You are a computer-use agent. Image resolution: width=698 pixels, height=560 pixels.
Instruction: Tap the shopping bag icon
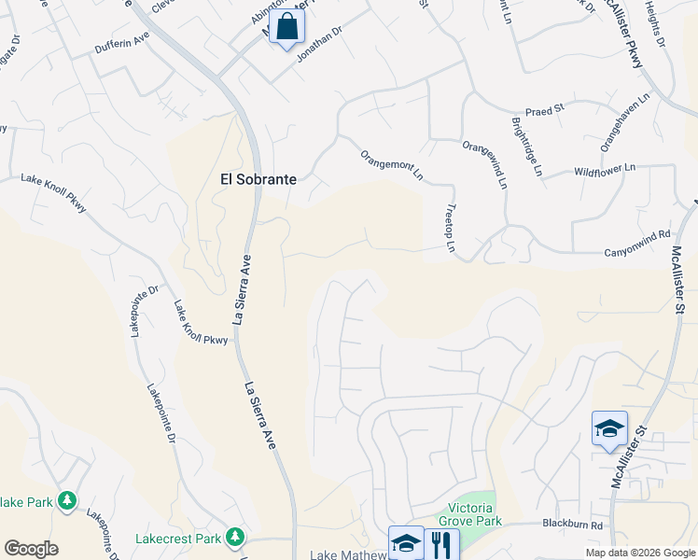[287, 28]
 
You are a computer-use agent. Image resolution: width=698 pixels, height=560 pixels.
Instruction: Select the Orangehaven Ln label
[624, 120]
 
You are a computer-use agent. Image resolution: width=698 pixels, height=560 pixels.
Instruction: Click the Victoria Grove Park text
[471, 514]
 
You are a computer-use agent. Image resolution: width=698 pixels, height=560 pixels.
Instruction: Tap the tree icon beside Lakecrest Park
[236, 537]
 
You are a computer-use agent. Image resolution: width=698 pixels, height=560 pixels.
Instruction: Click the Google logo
[31, 549]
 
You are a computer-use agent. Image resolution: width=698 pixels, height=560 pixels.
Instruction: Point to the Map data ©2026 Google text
[639, 553]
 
